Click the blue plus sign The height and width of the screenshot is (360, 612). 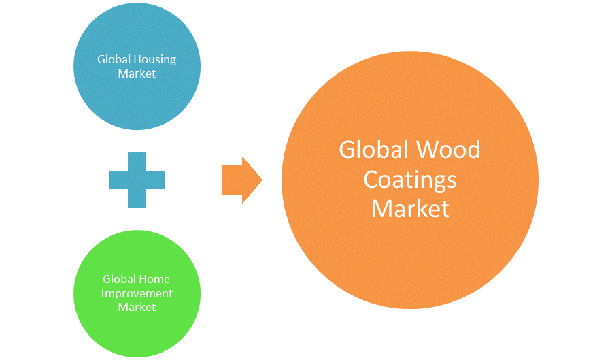tap(137, 180)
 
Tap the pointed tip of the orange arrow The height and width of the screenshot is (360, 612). tap(261, 180)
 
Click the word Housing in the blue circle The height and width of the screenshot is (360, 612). tap(156, 59)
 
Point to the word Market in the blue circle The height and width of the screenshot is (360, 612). tap(137, 73)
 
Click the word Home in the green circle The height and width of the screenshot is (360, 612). tap(156, 279)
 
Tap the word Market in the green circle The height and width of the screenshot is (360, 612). tap(137, 308)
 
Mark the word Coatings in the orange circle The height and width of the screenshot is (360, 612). tap(410, 180)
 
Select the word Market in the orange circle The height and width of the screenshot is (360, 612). tap(410, 208)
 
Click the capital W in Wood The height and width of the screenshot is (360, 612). tap(428, 150)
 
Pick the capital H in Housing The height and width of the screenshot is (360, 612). tap(139, 59)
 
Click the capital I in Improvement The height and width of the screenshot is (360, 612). tap(103, 293)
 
